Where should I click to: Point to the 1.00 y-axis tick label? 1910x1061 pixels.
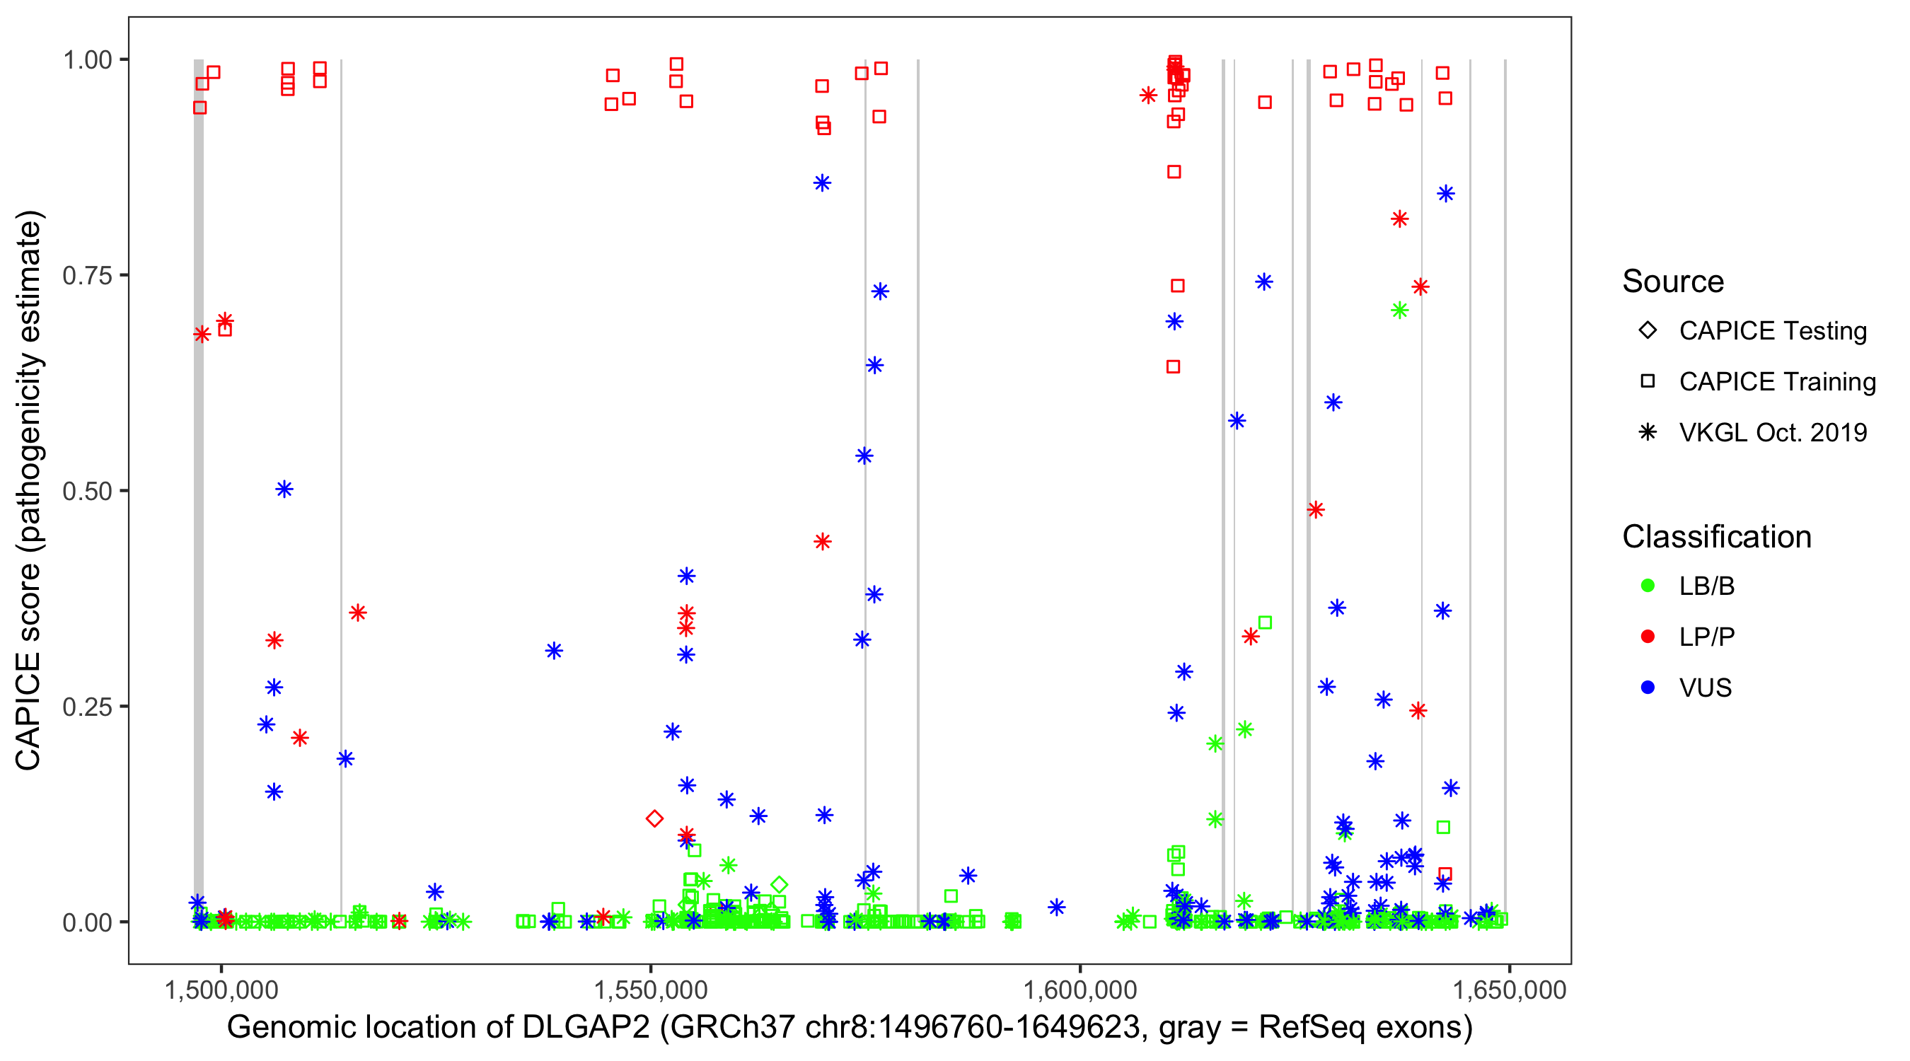[x=87, y=60]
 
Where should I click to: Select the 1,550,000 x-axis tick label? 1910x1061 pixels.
[x=650, y=990]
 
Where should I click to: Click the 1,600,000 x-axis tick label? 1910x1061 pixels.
[x=1080, y=990]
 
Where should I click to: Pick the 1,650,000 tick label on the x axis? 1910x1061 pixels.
[x=1509, y=990]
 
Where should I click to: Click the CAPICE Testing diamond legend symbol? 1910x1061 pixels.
[x=1648, y=331]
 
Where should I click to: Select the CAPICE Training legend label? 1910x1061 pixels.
[x=1777, y=382]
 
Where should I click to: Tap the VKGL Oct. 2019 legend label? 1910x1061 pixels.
[x=1773, y=433]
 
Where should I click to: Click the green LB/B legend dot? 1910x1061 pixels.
[x=1648, y=586]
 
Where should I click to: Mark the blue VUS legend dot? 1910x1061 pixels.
[x=1648, y=688]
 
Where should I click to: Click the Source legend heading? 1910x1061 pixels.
[x=1673, y=282]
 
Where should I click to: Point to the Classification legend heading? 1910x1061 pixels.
[x=1716, y=537]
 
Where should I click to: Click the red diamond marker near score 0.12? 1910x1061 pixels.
[x=654, y=818]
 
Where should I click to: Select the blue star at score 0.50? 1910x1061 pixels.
[x=284, y=489]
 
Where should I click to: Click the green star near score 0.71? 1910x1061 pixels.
[x=1399, y=311]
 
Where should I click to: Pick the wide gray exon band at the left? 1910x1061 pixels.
[x=199, y=489]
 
